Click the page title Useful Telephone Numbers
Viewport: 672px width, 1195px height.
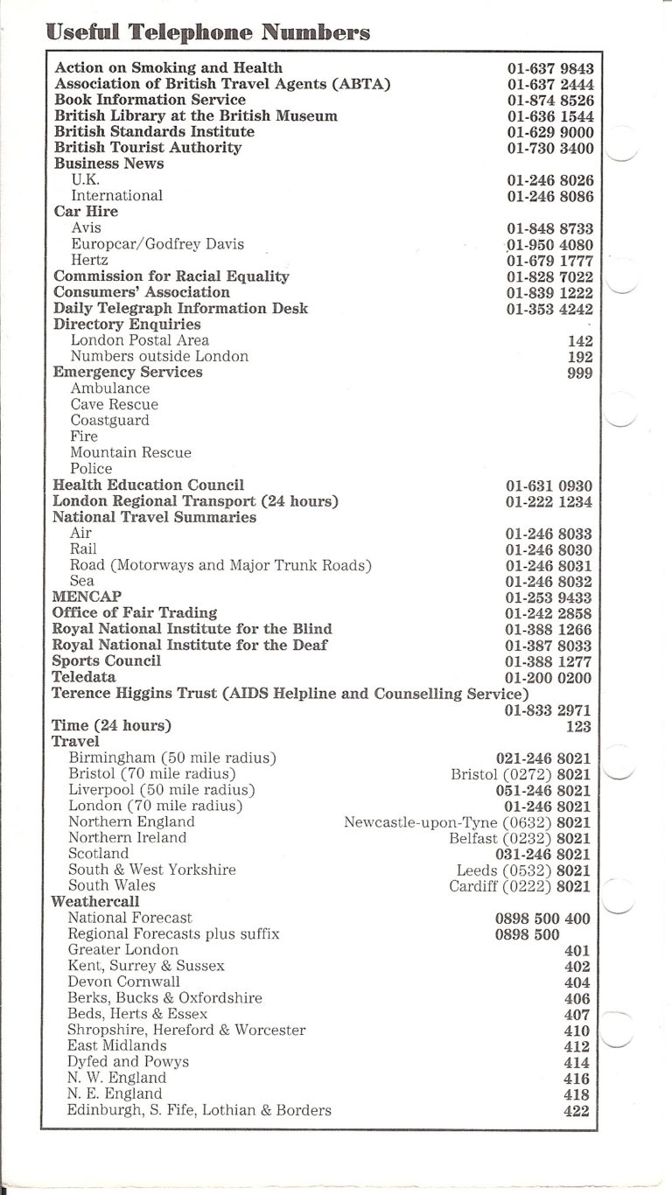point(208,32)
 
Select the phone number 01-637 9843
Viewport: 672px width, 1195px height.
point(549,68)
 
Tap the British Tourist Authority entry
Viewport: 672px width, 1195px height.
point(147,148)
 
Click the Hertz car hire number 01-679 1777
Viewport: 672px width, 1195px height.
point(549,261)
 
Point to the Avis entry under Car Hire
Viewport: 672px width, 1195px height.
point(86,227)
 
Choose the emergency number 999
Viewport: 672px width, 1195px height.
point(579,373)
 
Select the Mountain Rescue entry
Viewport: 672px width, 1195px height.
point(130,452)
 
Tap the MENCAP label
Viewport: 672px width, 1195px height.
point(87,597)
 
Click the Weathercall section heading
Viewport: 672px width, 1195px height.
point(95,901)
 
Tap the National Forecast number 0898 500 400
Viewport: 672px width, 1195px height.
point(542,919)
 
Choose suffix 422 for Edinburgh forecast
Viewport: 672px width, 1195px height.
point(577,1111)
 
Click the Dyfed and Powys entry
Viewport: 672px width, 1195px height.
point(128,1062)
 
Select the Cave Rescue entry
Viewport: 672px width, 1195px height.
point(114,405)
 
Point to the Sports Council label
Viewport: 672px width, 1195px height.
point(107,661)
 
